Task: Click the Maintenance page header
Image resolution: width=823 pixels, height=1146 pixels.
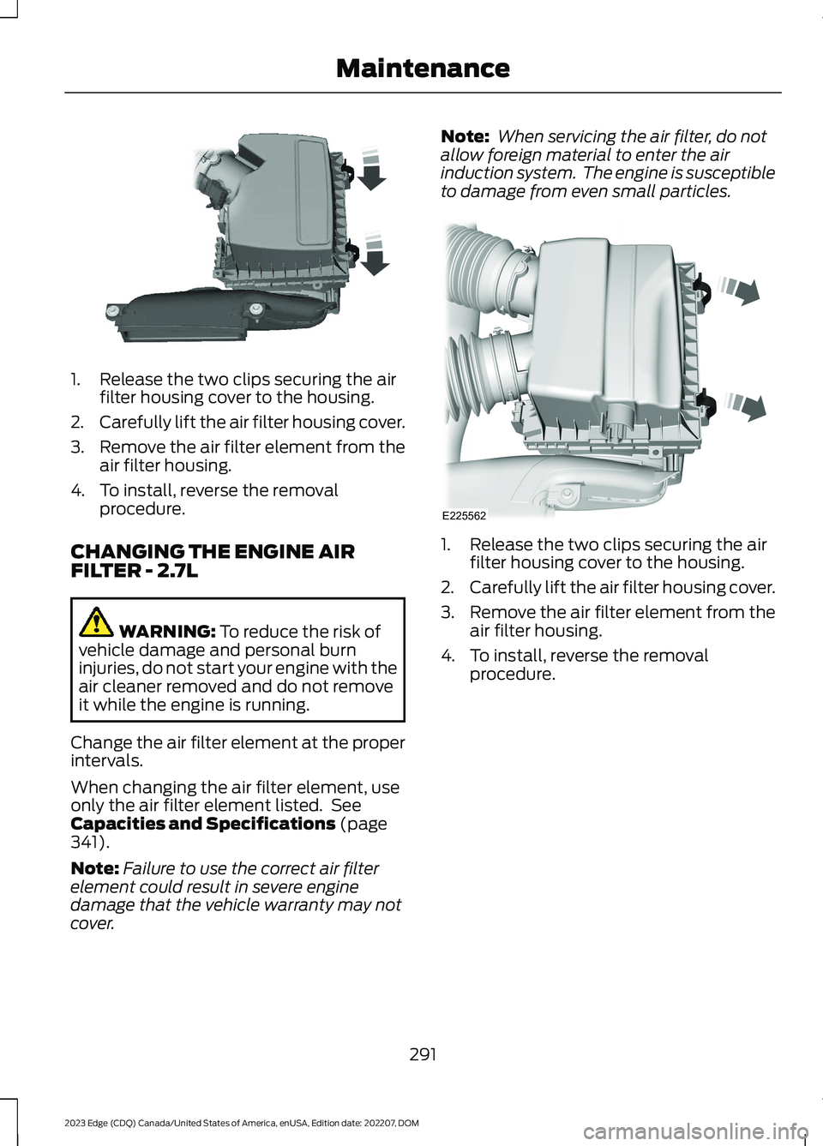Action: (423, 69)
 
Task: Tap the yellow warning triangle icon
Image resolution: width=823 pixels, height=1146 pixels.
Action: (97, 621)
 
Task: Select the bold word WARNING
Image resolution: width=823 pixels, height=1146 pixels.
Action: (167, 632)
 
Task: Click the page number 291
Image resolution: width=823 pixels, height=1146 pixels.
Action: (423, 1054)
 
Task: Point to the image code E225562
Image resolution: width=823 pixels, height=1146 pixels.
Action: (464, 516)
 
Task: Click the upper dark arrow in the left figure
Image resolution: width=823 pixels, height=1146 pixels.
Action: (371, 171)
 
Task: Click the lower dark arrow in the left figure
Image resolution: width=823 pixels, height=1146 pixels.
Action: (374, 255)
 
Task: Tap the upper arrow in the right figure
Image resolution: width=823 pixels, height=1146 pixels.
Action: (742, 290)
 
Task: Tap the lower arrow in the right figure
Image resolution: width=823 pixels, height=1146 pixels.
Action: (747, 405)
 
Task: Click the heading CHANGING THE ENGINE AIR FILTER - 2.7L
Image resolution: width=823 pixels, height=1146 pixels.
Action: (212, 561)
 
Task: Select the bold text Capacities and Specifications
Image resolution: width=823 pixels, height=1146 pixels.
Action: (202, 824)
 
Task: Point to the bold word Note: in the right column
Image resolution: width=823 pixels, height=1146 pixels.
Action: (464, 136)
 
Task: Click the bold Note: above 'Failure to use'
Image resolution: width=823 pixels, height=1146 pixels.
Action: (94, 868)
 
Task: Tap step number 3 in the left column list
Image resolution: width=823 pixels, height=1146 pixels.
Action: (76, 447)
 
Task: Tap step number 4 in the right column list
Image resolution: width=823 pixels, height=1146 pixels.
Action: (448, 656)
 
